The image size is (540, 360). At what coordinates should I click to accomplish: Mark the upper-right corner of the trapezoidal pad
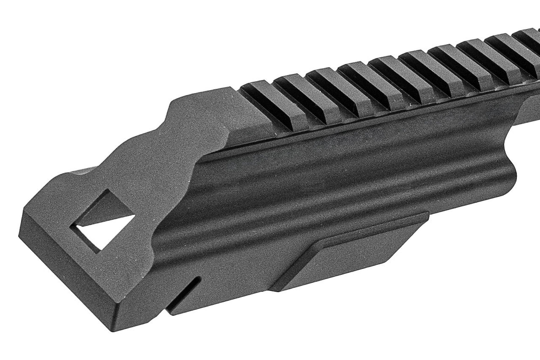[427, 214]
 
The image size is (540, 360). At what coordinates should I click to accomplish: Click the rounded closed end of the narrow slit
[199, 279]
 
